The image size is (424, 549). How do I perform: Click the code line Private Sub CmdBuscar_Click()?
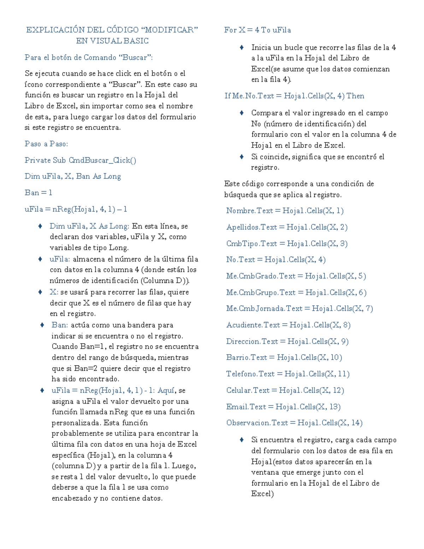click(x=80, y=160)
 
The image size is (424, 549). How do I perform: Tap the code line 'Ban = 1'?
click(x=38, y=193)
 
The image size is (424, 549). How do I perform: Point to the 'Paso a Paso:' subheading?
click(x=46, y=144)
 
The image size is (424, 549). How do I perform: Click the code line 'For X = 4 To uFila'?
click(x=257, y=30)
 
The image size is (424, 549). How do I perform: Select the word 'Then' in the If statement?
click(x=355, y=96)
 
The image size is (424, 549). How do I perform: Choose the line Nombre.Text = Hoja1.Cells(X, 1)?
click(x=284, y=211)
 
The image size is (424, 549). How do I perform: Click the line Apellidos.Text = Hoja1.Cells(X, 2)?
click(x=287, y=227)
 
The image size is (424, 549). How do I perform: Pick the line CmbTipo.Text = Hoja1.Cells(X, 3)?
click(x=287, y=244)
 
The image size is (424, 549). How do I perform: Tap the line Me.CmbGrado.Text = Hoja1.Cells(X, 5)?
click(x=296, y=276)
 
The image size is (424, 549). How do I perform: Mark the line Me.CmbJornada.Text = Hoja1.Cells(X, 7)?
click(x=299, y=309)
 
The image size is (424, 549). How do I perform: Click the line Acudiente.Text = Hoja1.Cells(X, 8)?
click(x=288, y=325)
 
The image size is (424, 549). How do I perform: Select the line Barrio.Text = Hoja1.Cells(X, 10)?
click(x=284, y=357)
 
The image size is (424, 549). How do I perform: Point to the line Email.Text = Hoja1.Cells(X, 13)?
click(x=283, y=407)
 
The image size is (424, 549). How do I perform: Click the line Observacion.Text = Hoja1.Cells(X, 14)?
click(x=294, y=423)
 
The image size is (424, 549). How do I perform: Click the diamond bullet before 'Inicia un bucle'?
click(x=242, y=47)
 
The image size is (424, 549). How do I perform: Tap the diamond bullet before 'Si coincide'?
click(x=242, y=157)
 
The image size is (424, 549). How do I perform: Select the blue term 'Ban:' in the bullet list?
click(x=60, y=325)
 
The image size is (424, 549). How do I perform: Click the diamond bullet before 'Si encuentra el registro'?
click(x=242, y=440)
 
